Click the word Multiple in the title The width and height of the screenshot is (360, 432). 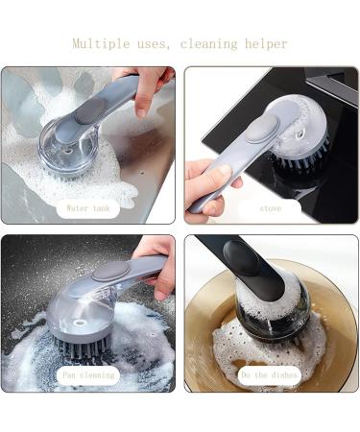106,44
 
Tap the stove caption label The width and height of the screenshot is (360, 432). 271,206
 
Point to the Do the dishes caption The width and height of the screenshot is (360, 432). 270,375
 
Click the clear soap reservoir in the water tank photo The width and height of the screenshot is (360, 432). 60,149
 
